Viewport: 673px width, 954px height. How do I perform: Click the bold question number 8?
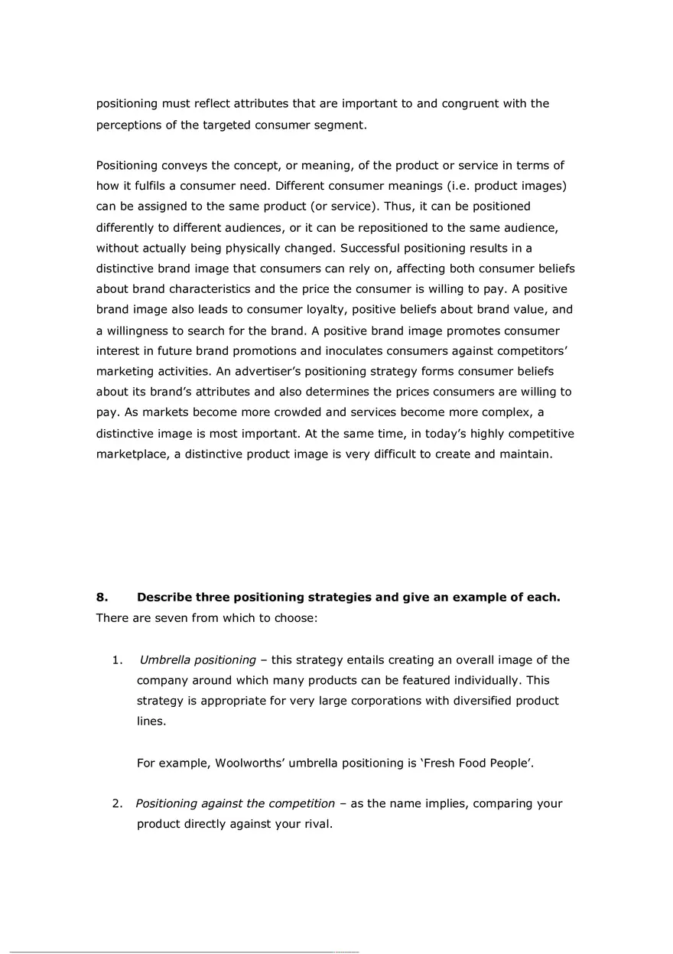tap(101, 597)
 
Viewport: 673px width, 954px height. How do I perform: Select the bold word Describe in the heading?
tap(164, 597)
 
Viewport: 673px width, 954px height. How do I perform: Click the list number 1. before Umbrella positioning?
tap(117, 660)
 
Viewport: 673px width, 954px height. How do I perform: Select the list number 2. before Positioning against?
tap(117, 804)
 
